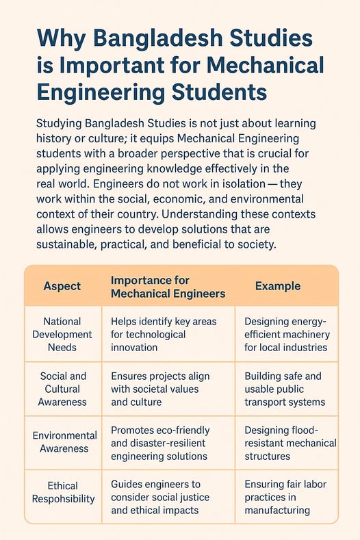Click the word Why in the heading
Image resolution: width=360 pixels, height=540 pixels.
[57, 38]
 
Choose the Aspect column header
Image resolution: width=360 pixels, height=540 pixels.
[62, 286]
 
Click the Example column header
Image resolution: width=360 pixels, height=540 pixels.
[278, 286]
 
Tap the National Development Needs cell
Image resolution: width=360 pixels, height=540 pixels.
[62, 334]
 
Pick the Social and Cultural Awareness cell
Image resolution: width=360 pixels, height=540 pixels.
[62, 389]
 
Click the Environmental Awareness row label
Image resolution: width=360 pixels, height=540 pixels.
[62, 442]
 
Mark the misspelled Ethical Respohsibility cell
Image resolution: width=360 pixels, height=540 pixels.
[62, 492]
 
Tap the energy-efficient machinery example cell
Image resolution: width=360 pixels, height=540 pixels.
[287, 334]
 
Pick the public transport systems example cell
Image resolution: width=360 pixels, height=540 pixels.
[287, 389]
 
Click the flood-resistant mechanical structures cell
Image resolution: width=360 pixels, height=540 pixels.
[287, 442]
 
